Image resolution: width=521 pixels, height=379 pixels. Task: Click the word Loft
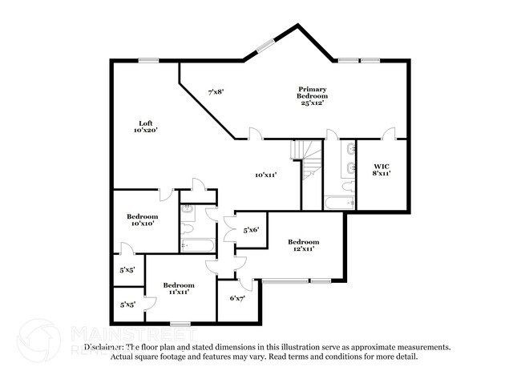[146, 123]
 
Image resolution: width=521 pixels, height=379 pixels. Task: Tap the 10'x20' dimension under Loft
[146, 130]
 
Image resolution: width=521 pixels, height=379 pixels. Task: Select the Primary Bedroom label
[311, 92]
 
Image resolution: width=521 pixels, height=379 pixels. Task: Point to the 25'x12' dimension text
[311, 103]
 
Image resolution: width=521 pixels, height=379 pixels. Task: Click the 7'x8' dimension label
[216, 91]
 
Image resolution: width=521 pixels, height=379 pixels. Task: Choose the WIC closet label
[380, 166]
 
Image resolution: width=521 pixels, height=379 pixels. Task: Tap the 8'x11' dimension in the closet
[380, 173]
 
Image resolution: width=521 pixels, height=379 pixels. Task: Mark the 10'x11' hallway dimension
[265, 175]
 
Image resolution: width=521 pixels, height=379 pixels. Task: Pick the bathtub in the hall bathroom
[197, 244]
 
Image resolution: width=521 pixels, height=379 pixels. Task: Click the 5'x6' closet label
[251, 230]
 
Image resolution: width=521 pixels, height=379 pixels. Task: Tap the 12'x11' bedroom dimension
[303, 249]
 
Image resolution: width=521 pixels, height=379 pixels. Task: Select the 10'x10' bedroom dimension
[142, 224]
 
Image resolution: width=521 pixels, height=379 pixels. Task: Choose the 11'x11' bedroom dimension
[178, 292]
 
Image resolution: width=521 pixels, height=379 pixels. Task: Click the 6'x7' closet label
[237, 298]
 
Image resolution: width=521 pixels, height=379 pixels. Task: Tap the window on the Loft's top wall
[147, 59]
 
